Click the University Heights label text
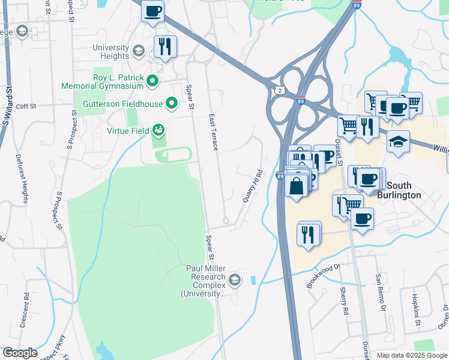tap(110, 52)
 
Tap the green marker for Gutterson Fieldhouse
tap(171, 104)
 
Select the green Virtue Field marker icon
tap(158, 130)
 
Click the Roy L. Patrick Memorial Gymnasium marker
tap(152, 81)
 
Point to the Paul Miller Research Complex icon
tap(235, 280)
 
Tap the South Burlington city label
tap(412, 190)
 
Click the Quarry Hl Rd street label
tap(254, 186)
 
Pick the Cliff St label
tap(26, 106)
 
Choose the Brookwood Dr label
tap(323, 275)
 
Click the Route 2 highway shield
tap(280, 89)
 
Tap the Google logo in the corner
tap(20, 353)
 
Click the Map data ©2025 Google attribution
tap(412, 355)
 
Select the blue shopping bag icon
tap(297, 186)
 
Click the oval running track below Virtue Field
tap(173, 155)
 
